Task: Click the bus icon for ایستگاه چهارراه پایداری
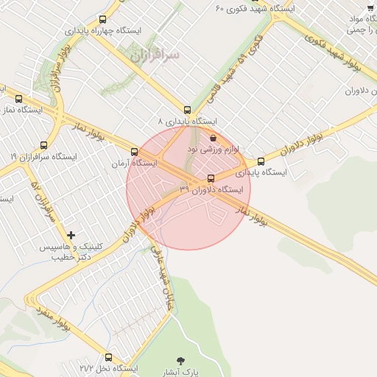tap(102, 20)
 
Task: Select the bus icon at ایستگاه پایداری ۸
tap(188, 109)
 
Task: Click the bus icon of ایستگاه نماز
tap(18, 99)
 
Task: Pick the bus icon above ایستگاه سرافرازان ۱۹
tap(44, 145)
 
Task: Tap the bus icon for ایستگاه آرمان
tap(134, 152)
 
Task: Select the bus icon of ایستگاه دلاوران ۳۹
tap(212, 178)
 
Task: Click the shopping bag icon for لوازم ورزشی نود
tap(213, 138)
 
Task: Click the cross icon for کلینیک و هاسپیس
tap(71, 234)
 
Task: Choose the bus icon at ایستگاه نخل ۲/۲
tap(109, 357)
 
